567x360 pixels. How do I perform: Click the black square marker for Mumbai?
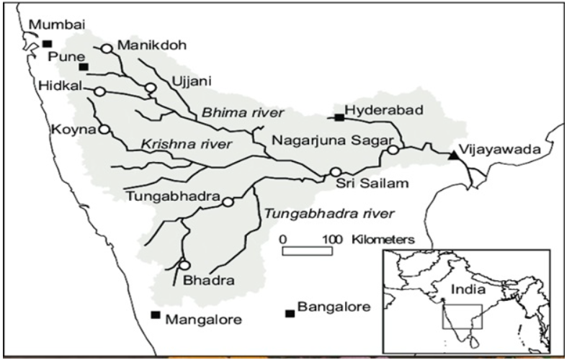(x=48, y=43)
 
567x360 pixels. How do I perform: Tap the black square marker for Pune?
(x=84, y=67)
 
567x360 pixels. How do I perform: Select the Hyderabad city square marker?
(x=339, y=117)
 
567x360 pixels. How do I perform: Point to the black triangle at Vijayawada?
(x=453, y=155)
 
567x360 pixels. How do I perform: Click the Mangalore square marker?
(x=155, y=315)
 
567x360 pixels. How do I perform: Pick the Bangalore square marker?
(x=290, y=313)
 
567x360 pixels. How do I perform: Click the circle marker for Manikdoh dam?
(x=107, y=48)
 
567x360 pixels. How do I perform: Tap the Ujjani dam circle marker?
(x=150, y=88)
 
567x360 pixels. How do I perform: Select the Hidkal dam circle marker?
(x=99, y=91)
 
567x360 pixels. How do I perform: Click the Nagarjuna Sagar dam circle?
(x=393, y=150)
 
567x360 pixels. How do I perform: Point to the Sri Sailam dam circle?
(x=335, y=172)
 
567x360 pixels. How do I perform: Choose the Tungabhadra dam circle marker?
(x=228, y=202)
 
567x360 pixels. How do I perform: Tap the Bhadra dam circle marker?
(x=184, y=265)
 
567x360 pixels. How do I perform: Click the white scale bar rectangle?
(x=307, y=251)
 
